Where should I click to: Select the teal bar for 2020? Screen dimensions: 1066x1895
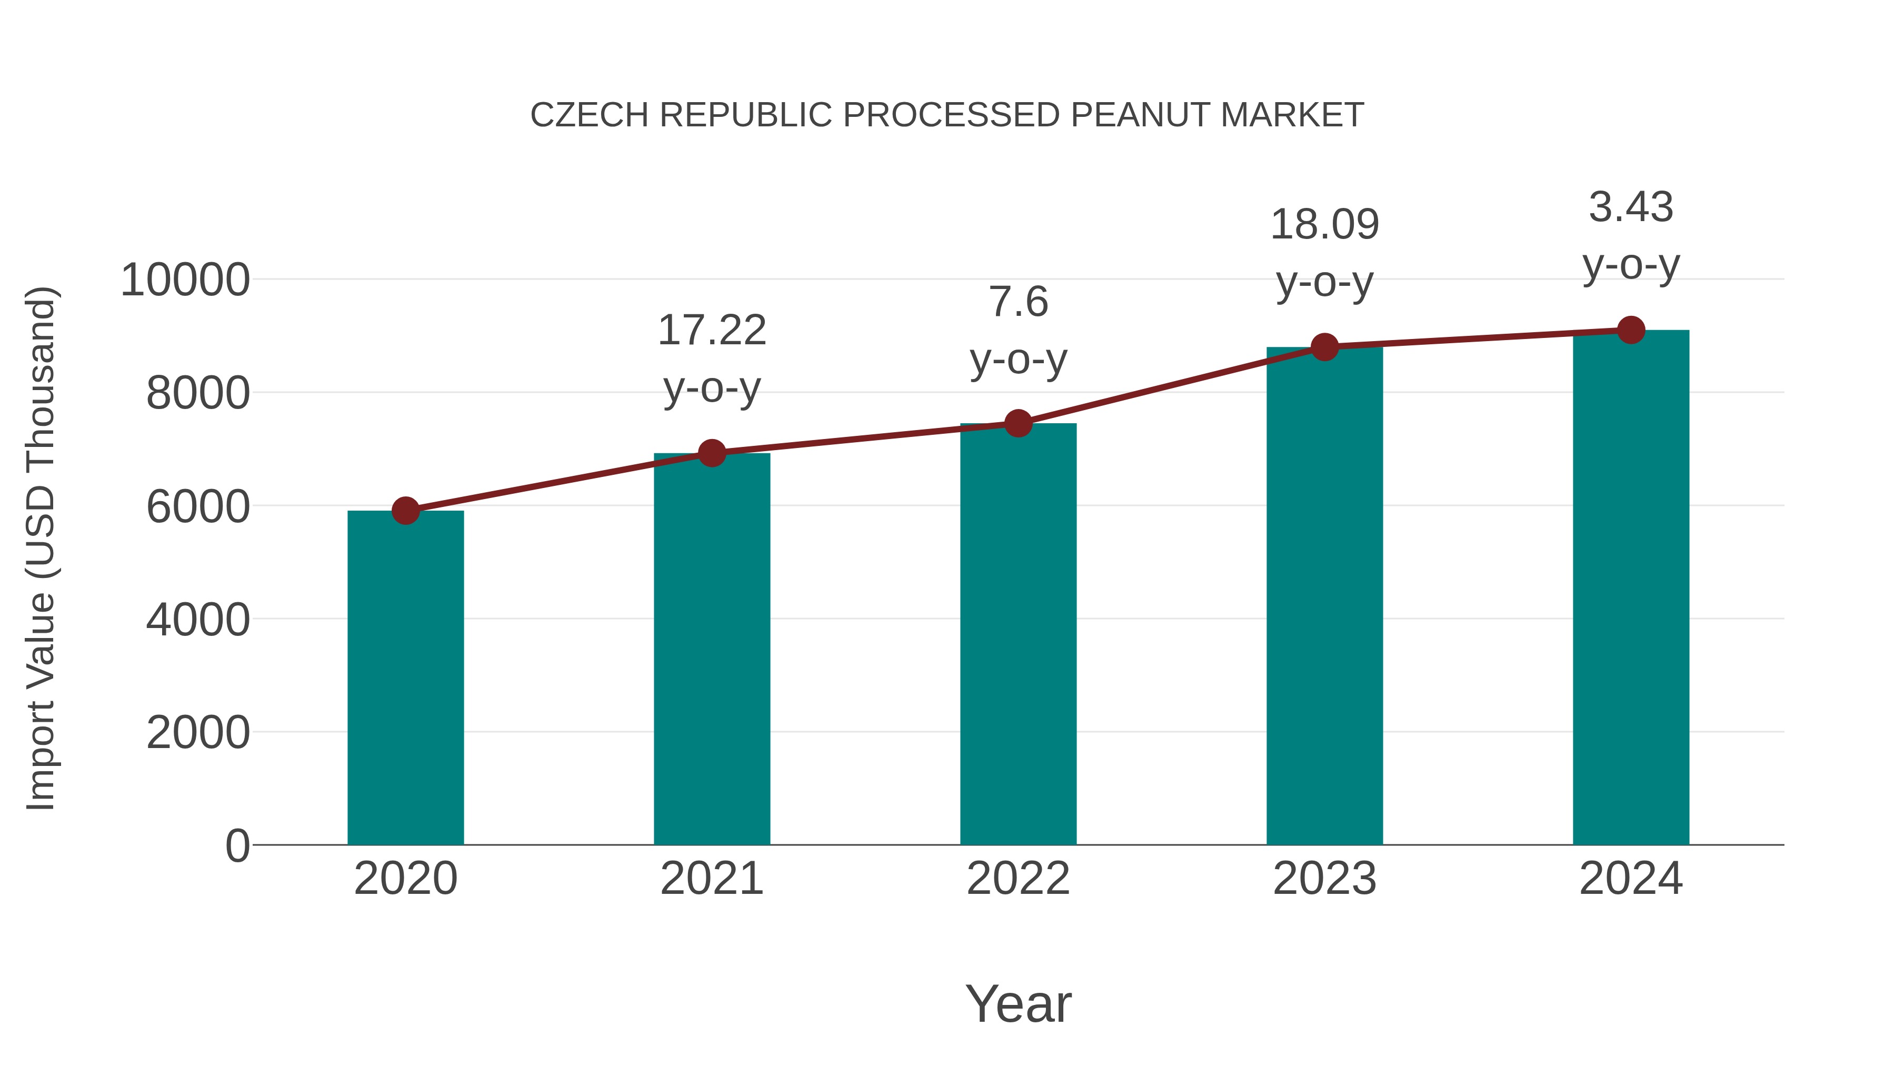(x=405, y=677)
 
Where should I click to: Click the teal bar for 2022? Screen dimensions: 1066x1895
(x=1018, y=633)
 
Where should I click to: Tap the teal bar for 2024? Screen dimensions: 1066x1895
(x=1631, y=589)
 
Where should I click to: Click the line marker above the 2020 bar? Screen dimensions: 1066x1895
(x=405, y=510)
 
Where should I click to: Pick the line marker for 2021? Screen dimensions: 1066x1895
(x=711, y=453)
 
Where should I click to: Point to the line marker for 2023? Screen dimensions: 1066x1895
(x=1325, y=346)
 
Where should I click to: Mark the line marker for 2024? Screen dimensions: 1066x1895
(x=1631, y=330)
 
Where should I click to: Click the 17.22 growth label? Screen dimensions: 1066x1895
(x=711, y=330)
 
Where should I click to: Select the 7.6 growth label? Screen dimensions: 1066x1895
(x=1018, y=302)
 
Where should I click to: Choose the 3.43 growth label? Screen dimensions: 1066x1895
(x=1631, y=207)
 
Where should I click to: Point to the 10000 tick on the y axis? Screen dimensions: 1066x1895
(x=185, y=280)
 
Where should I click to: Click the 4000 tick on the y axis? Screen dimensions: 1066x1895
(x=198, y=620)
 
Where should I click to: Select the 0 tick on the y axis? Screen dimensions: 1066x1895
(x=237, y=846)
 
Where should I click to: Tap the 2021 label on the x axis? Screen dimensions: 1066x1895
(x=711, y=879)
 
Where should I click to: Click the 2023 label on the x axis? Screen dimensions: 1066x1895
(x=1324, y=879)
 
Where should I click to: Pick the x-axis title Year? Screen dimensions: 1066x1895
(x=1018, y=1003)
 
